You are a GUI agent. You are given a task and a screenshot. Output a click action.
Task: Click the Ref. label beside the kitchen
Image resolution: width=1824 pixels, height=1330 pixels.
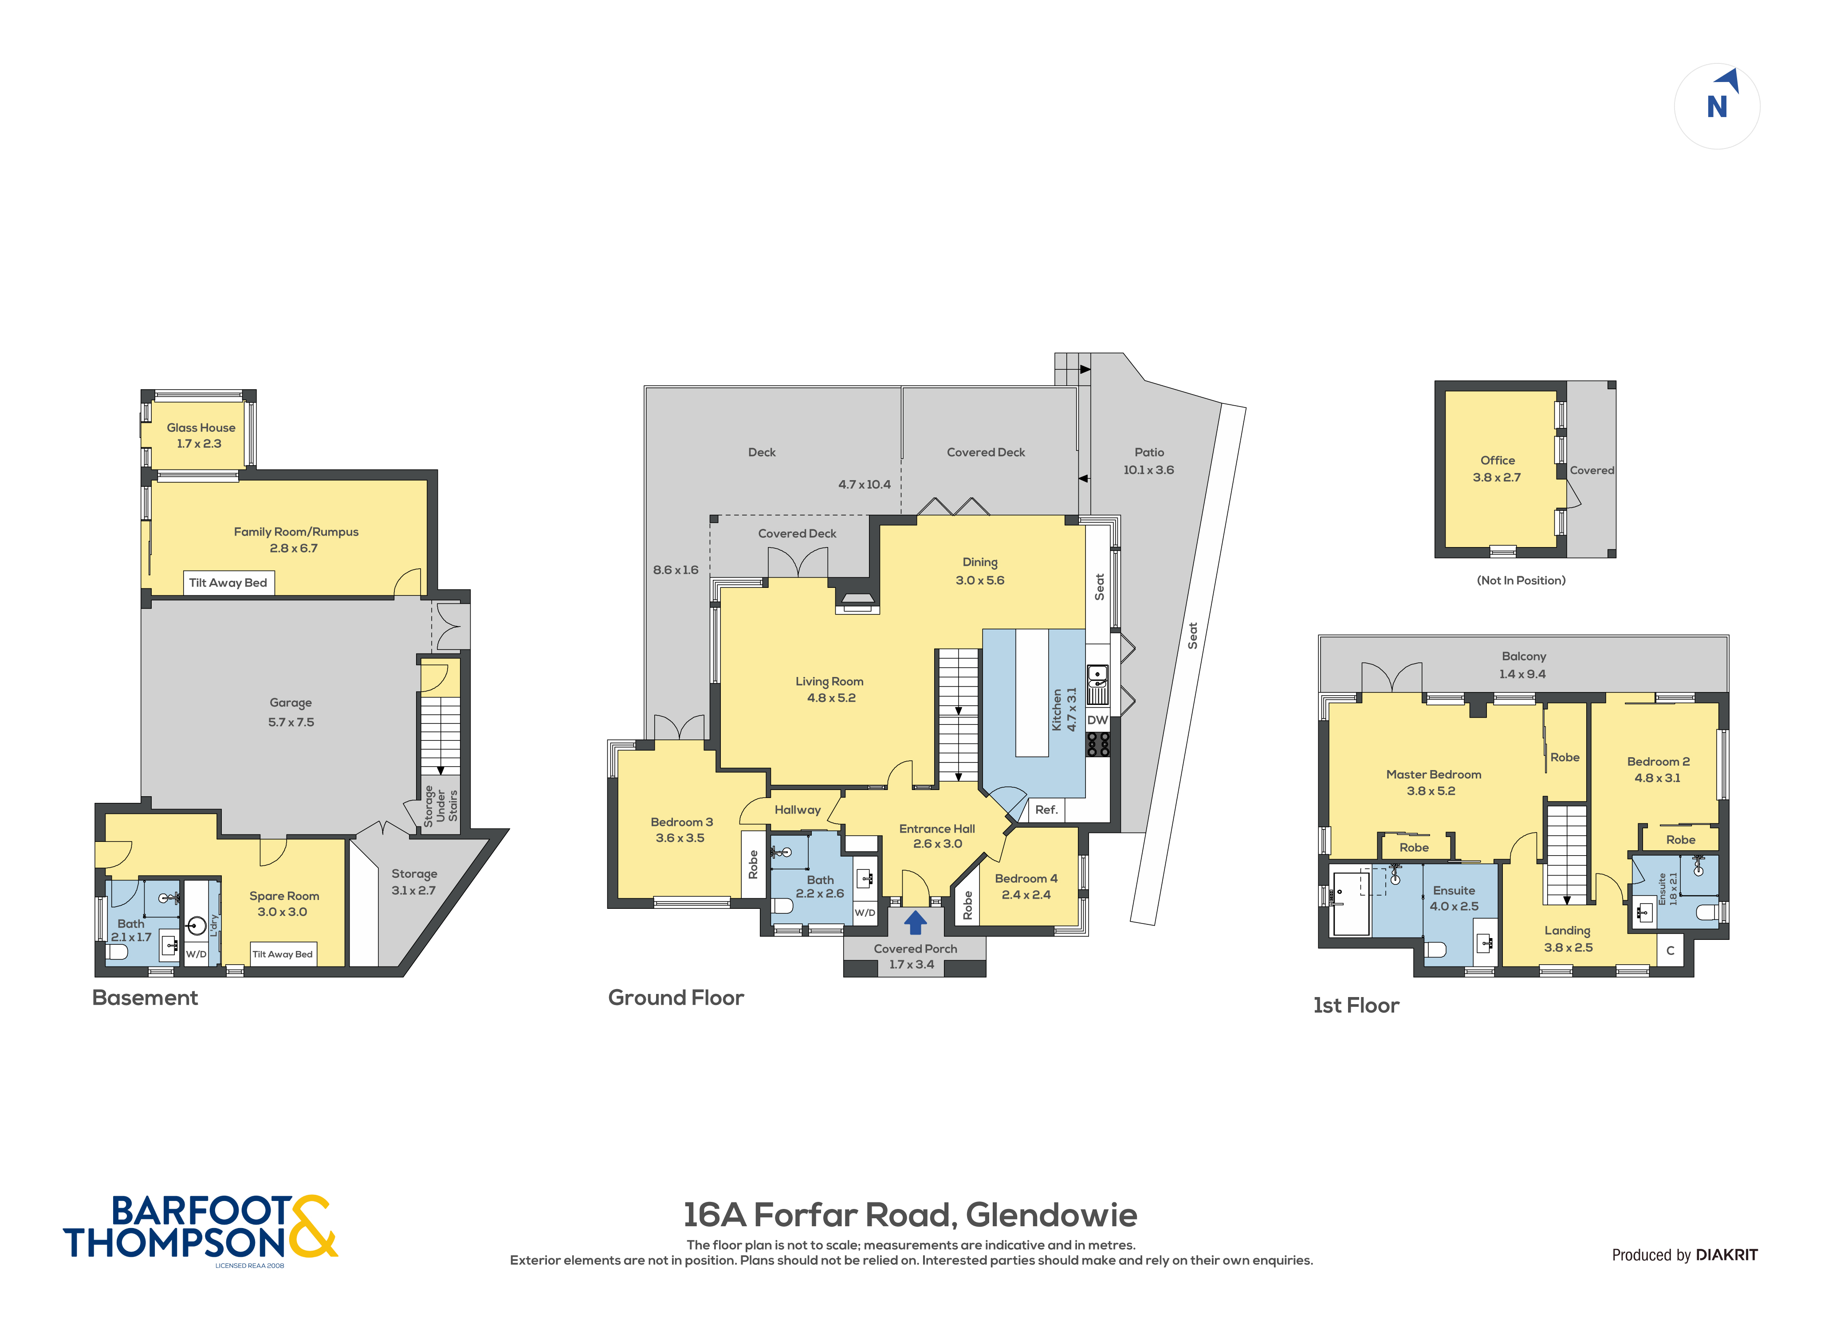coord(1046,810)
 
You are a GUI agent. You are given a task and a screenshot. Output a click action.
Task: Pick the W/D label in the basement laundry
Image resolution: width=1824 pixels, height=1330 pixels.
coord(197,954)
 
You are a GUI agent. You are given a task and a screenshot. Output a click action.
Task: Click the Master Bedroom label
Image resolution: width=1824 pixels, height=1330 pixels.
coord(1434,775)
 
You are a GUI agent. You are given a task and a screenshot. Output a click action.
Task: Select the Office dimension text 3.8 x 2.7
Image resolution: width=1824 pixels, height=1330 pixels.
coord(1497,477)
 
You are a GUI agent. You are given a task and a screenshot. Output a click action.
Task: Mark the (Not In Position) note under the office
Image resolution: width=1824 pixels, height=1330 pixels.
coord(1521,580)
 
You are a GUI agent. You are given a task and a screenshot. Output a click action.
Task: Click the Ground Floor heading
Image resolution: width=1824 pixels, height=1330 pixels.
coord(676,998)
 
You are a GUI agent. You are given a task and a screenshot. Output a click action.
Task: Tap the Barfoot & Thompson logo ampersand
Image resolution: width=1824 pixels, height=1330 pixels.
coord(312,1226)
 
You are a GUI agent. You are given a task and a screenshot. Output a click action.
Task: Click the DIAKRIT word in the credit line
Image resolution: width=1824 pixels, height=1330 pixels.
coord(1726,1255)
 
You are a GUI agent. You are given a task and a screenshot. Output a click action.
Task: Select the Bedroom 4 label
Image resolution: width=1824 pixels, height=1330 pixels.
coord(1026,878)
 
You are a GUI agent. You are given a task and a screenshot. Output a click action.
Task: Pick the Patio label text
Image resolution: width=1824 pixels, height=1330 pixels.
coord(1149,453)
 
